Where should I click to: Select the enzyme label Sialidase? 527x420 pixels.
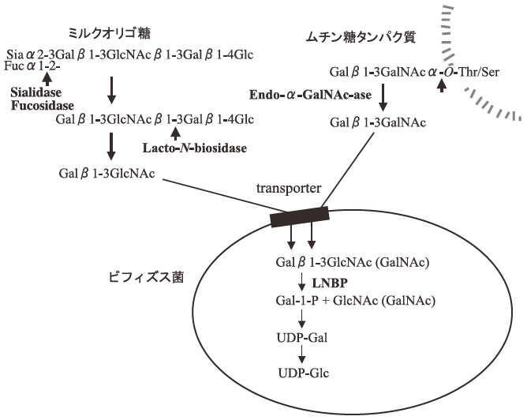point(35,92)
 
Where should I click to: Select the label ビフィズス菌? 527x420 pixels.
point(136,279)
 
